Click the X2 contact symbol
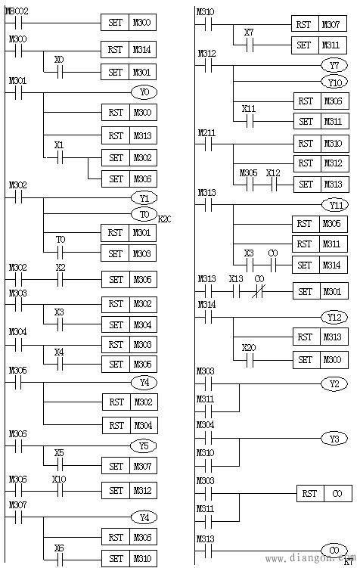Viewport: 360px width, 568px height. point(61,279)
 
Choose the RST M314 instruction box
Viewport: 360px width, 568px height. point(129,50)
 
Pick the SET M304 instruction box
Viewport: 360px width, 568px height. point(129,324)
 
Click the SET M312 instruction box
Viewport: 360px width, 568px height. point(129,490)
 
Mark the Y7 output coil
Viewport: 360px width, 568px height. point(334,66)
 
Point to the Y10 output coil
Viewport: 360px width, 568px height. point(334,82)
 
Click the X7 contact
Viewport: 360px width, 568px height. point(249,45)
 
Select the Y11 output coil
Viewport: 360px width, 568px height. point(334,205)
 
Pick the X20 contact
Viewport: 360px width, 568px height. point(249,360)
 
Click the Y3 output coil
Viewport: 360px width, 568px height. point(334,438)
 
